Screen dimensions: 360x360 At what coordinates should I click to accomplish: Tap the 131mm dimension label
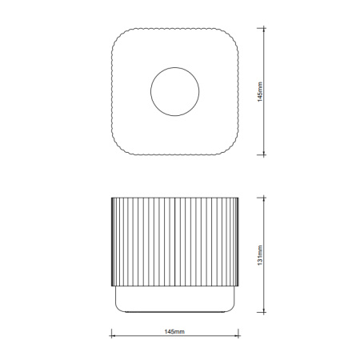click(270, 255)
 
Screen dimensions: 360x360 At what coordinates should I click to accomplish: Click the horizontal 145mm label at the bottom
click(174, 330)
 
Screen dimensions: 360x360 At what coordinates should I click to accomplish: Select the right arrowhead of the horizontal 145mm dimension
click(238, 337)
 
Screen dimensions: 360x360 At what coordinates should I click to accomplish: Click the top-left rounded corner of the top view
click(120, 36)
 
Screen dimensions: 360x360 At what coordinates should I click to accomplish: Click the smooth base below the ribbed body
click(174, 298)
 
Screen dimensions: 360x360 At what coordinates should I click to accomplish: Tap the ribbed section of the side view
click(174, 240)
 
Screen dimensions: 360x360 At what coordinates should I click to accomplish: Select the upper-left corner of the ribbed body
click(112, 197)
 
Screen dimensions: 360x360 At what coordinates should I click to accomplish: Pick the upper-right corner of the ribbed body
click(237, 197)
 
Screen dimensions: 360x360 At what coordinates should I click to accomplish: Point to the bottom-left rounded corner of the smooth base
click(119, 307)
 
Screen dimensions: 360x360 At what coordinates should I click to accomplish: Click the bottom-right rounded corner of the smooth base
click(230, 307)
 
